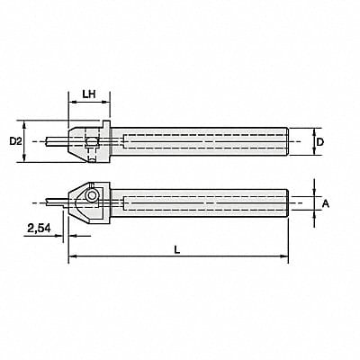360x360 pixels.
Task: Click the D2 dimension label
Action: coord(15,141)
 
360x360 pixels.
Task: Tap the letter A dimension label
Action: coord(327,204)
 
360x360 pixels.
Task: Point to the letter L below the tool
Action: coord(177,253)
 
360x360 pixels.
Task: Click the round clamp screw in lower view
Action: coord(91,195)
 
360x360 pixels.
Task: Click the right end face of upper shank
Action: coord(287,141)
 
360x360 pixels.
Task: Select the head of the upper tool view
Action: coord(87,141)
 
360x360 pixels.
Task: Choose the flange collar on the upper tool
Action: coord(108,141)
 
